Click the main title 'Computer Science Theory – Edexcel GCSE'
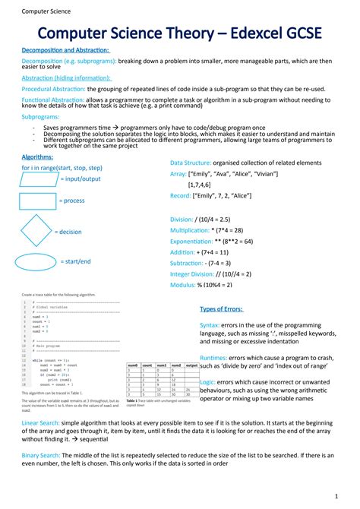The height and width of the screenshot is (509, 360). point(180,33)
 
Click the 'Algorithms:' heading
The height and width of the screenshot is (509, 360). point(37,156)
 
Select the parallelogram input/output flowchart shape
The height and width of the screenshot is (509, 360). point(39,179)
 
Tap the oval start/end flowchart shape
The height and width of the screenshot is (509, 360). point(37,261)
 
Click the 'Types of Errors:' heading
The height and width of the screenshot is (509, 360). point(221,309)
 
